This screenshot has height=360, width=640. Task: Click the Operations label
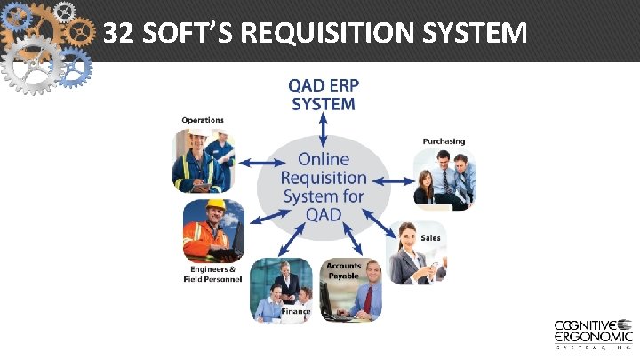click(202, 119)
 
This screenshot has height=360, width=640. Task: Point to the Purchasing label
click(443, 140)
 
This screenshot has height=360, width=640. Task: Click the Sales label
click(430, 237)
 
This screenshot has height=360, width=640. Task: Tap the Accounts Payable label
click(343, 270)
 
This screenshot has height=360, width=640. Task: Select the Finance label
click(295, 311)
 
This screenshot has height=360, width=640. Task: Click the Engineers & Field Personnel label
click(212, 274)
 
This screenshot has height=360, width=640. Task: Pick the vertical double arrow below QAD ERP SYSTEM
click(324, 128)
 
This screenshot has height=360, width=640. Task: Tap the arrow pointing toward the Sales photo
click(387, 229)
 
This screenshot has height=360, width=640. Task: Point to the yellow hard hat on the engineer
click(215, 204)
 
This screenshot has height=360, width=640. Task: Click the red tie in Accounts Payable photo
click(366, 302)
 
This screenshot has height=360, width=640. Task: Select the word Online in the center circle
click(324, 159)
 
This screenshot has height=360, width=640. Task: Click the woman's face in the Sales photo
click(408, 238)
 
